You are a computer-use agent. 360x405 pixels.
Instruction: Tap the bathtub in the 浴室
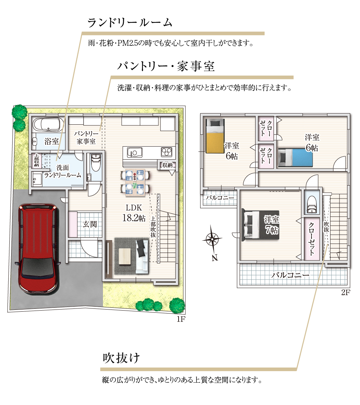[47, 125]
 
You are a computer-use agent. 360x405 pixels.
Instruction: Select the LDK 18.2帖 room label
[134, 213]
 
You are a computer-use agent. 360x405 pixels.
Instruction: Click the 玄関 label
[90, 224]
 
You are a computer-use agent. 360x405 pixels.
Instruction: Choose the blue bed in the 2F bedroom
[295, 157]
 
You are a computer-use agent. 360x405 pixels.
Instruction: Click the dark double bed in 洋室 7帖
[260, 224]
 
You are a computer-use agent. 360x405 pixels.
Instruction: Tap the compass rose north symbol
[212, 240]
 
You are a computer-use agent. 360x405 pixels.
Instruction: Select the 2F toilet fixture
[311, 205]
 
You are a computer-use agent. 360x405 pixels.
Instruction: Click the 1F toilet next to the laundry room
[96, 163]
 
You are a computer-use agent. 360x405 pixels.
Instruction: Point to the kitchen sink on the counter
[134, 152]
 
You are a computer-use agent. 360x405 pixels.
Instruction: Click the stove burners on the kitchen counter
[166, 152]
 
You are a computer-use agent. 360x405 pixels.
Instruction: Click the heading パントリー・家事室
[166, 66]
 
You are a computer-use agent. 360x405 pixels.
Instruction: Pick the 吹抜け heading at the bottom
[121, 358]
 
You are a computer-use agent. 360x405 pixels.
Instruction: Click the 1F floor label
[181, 319]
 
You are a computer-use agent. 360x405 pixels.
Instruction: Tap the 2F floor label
[346, 292]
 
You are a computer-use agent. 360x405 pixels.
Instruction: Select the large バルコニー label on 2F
[290, 275]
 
